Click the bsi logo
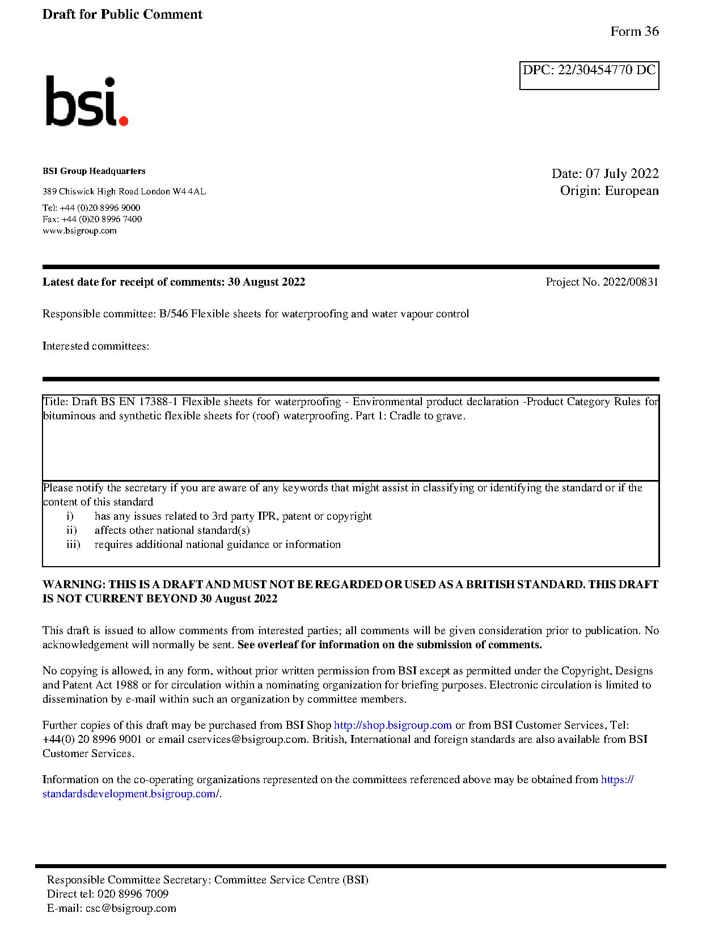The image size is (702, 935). (x=86, y=101)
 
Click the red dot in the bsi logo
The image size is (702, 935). (x=123, y=120)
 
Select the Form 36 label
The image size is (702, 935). (x=634, y=32)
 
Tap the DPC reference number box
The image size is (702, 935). (x=589, y=75)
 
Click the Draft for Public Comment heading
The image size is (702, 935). (x=122, y=15)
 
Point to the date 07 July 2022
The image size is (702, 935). (x=621, y=173)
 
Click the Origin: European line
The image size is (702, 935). (x=609, y=190)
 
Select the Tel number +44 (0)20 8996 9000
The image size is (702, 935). (x=100, y=208)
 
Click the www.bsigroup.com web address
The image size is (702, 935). (x=79, y=231)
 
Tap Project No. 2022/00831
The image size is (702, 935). (x=602, y=282)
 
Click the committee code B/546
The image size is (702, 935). (x=173, y=314)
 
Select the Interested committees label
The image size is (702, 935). (x=96, y=346)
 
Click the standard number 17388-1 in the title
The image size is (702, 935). (x=158, y=402)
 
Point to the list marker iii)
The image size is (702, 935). (x=73, y=545)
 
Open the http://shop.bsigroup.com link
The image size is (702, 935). (x=392, y=725)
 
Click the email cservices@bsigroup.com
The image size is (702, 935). (x=247, y=739)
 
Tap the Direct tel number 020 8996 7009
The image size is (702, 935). (x=133, y=894)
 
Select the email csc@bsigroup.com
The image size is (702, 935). (x=130, y=908)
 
